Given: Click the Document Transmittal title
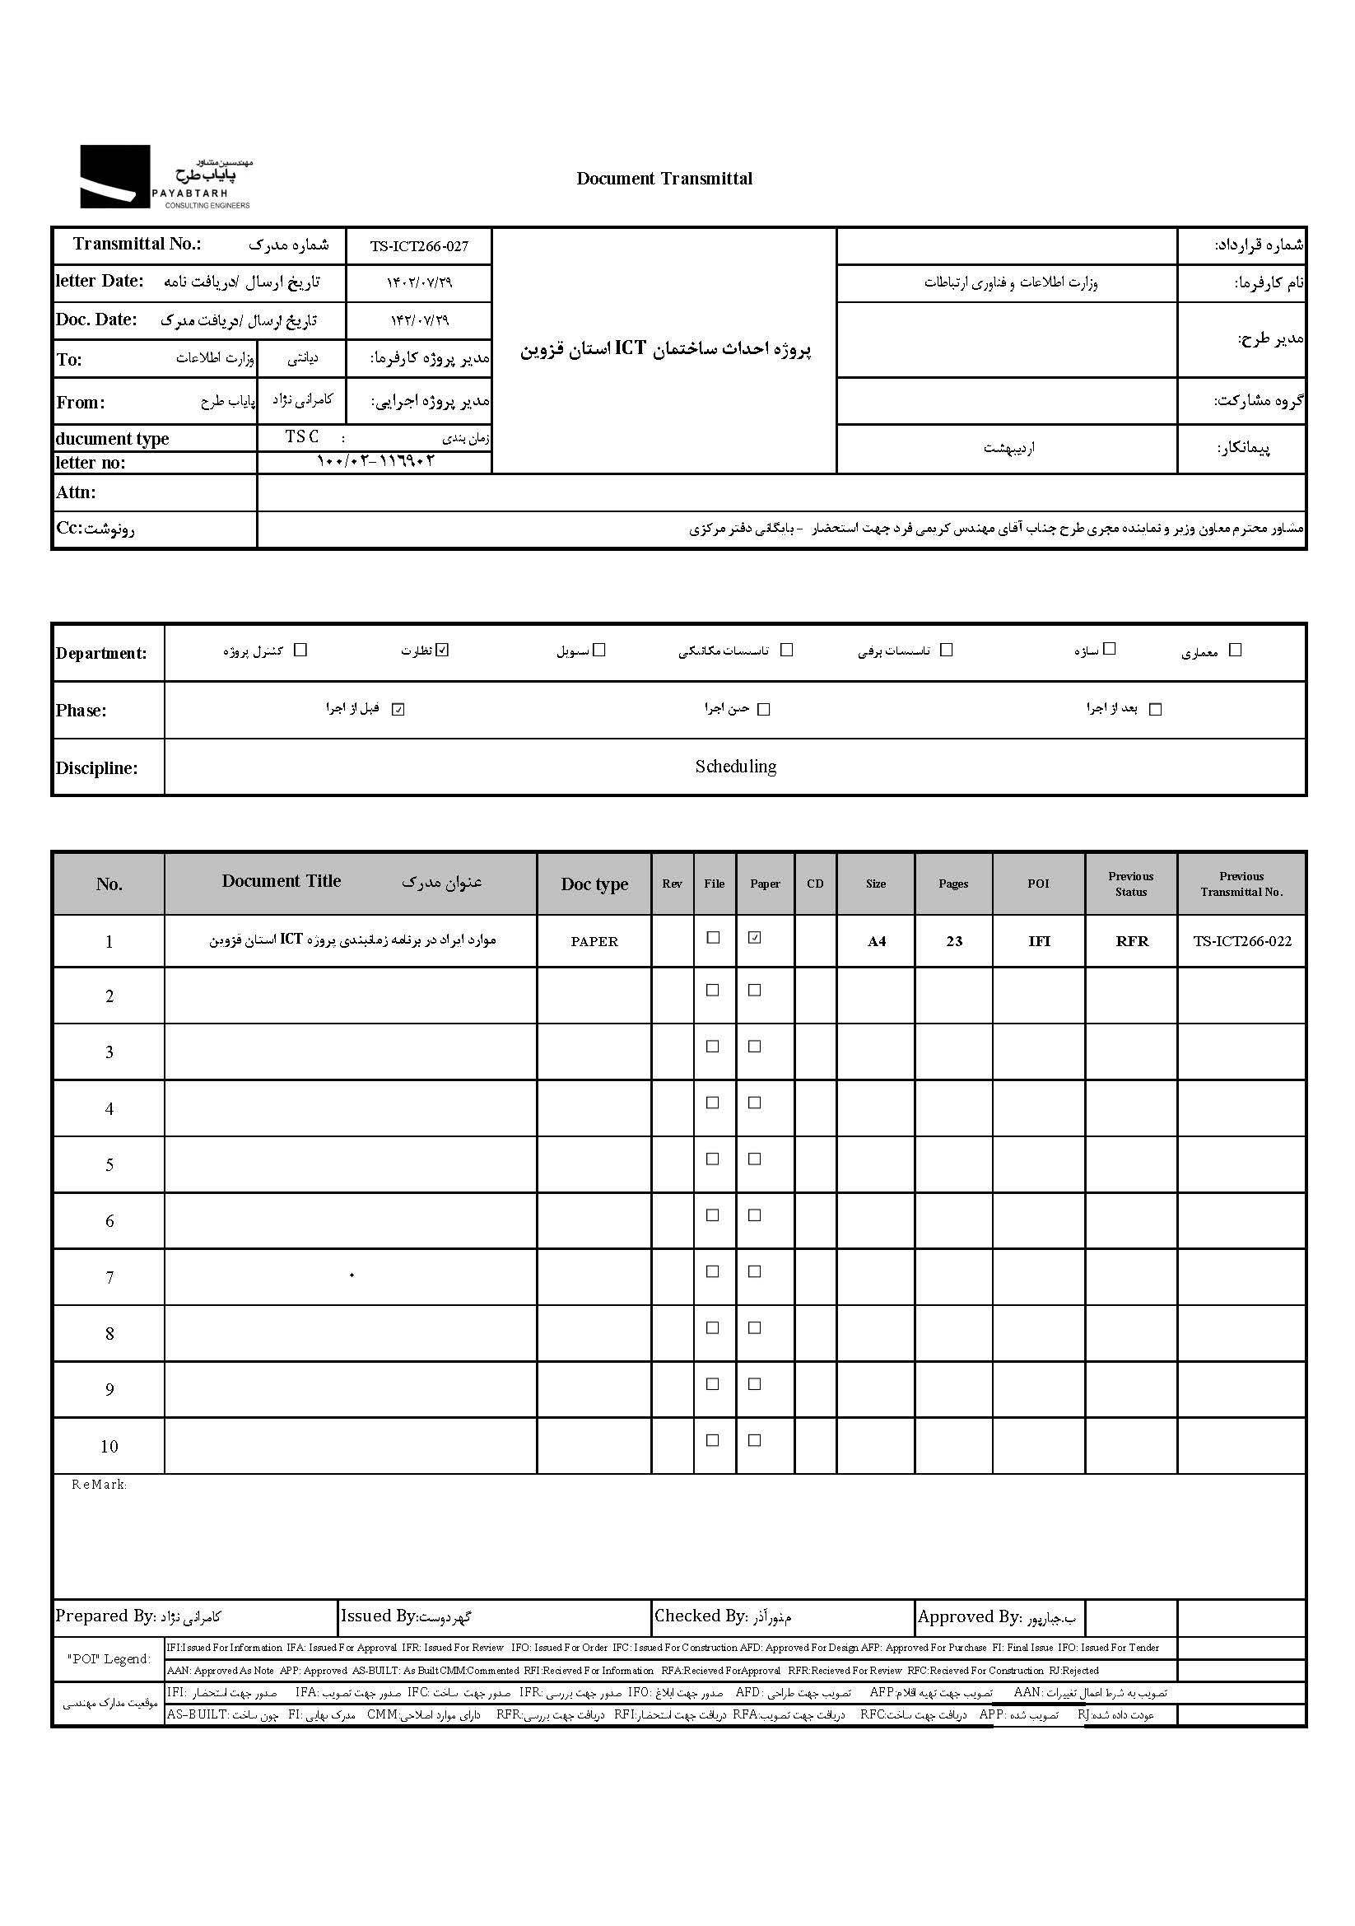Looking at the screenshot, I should pyautogui.click(x=664, y=179).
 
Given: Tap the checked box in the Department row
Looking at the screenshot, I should pyautogui.click(x=443, y=649).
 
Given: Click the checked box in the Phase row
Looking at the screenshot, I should pyautogui.click(x=398, y=709).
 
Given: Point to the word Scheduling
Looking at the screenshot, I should pyautogui.click(x=735, y=767).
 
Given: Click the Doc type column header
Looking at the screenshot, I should pyautogui.click(x=594, y=884).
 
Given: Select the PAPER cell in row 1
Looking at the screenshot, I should pyautogui.click(x=594, y=941).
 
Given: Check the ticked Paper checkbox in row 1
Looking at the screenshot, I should pyautogui.click(x=755, y=938).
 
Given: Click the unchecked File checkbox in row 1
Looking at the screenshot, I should pyautogui.click(x=713, y=938).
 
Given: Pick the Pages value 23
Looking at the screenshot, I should pyautogui.click(x=953, y=941).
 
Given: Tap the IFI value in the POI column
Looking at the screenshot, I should pyautogui.click(x=1039, y=941).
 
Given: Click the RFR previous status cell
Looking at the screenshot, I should pyautogui.click(x=1131, y=941).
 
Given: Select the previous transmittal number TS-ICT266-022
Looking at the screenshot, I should pyautogui.click(x=1241, y=941).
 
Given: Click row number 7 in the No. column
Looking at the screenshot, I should pyautogui.click(x=109, y=1278).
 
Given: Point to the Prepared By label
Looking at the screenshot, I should pyautogui.click(x=105, y=1616).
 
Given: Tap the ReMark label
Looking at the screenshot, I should pyautogui.click(x=99, y=1485).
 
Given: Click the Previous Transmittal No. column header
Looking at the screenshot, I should pyautogui.click(x=1241, y=884).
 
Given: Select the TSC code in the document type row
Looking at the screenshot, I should pyautogui.click(x=302, y=437).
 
